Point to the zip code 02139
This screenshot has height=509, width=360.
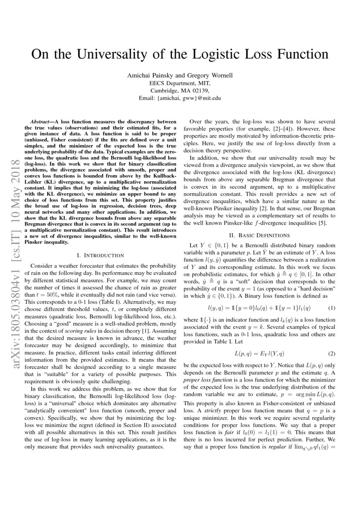(x=199, y=91)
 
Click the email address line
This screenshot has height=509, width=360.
(x=180, y=98)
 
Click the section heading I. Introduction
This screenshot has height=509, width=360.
(x=100, y=255)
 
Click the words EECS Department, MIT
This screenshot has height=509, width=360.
(x=180, y=83)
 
